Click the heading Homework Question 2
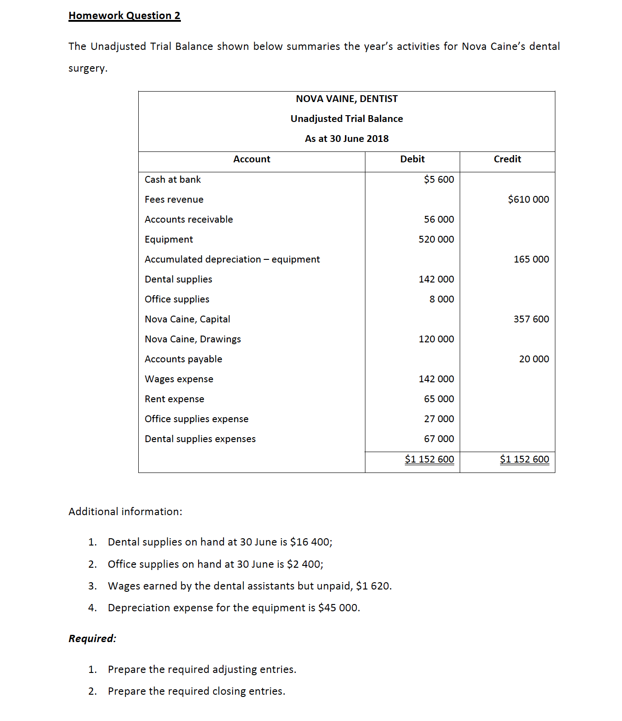(x=124, y=16)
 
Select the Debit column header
(x=412, y=159)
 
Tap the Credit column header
(x=507, y=159)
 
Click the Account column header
(x=252, y=159)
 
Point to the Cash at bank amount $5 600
(x=439, y=180)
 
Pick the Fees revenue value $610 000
(x=528, y=200)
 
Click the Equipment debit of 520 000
(x=436, y=239)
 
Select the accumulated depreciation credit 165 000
(x=531, y=259)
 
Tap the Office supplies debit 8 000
(x=442, y=299)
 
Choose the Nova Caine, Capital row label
(x=187, y=319)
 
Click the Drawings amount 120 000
(x=436, y=339)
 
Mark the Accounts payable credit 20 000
(x=534, y=359)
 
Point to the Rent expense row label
(x=175, y=399)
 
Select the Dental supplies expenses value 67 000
(x=439, y=439)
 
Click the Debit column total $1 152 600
(x=429, y=459)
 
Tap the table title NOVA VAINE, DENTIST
(x=346, y=99)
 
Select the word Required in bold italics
(x=92, y=639)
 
